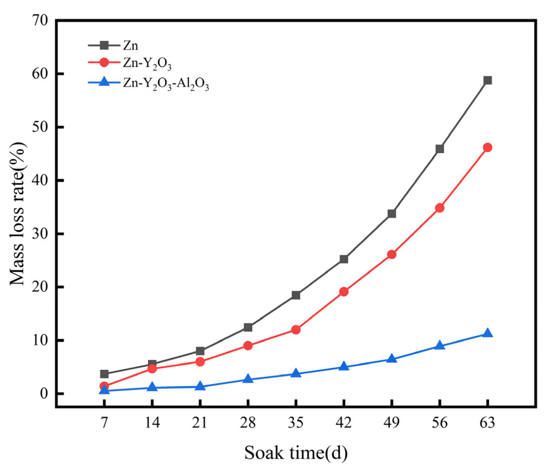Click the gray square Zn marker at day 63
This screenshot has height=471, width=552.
(x=487, y=81)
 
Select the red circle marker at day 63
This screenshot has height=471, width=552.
(x=487, y=147)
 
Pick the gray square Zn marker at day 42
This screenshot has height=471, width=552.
(x=344, y=259)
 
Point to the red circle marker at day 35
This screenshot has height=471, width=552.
(x=296, y=330)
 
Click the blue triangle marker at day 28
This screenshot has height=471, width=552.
(x=248, y=379)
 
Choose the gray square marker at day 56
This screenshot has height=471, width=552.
(x=439, y=149)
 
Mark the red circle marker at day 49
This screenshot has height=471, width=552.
(x=391, y=254)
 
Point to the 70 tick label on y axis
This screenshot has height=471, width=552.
(x=40, y=21)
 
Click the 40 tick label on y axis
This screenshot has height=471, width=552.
(x=40, y=180)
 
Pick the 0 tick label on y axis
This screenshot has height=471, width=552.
(x=44, y=393)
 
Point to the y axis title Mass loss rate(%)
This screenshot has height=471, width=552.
(x=17, y=213)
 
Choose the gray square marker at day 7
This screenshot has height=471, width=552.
(x=104, y=374)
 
